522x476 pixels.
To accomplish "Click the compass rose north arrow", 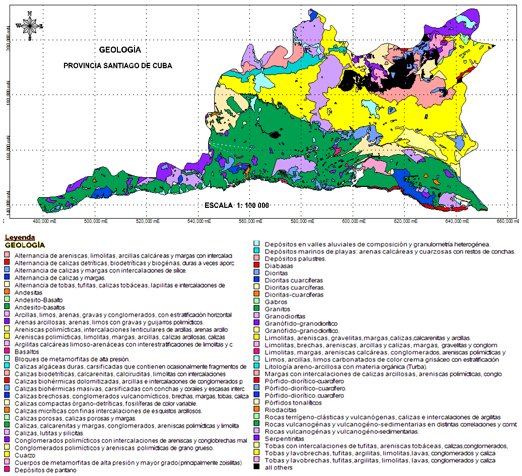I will [29, 26].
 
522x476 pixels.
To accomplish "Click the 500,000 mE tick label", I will [104, 223].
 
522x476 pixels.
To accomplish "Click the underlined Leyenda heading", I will [19, 236].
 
